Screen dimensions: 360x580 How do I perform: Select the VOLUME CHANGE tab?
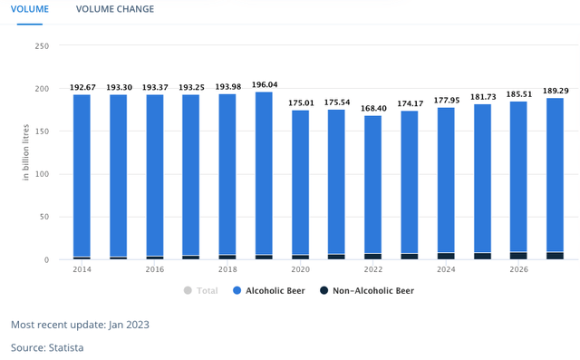coord(115,9)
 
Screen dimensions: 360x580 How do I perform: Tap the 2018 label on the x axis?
coord(227,269)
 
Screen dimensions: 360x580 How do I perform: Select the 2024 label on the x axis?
coord(445,269)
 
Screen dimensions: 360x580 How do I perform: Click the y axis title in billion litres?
coord(26,153)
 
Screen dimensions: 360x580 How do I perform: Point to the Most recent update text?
coord(80,324)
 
